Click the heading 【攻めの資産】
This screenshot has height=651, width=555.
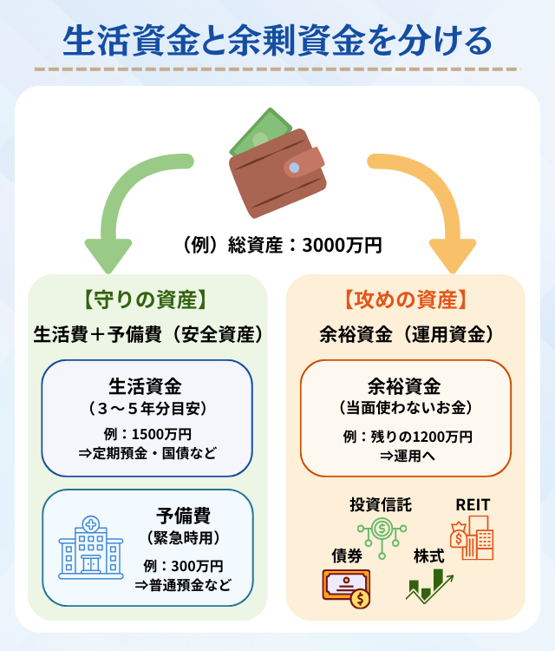tap(406, 300)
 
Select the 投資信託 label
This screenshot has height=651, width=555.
tap(381, 504)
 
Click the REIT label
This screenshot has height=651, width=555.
tap(473, 504)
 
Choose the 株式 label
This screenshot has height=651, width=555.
tap(428, 555)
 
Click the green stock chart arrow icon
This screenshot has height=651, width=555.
tap(430, 587)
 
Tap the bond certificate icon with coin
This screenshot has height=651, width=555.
tap(346, 588)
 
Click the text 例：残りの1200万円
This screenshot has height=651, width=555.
tap(406, 436)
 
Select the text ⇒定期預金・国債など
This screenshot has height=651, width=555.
tap(147, 453)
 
